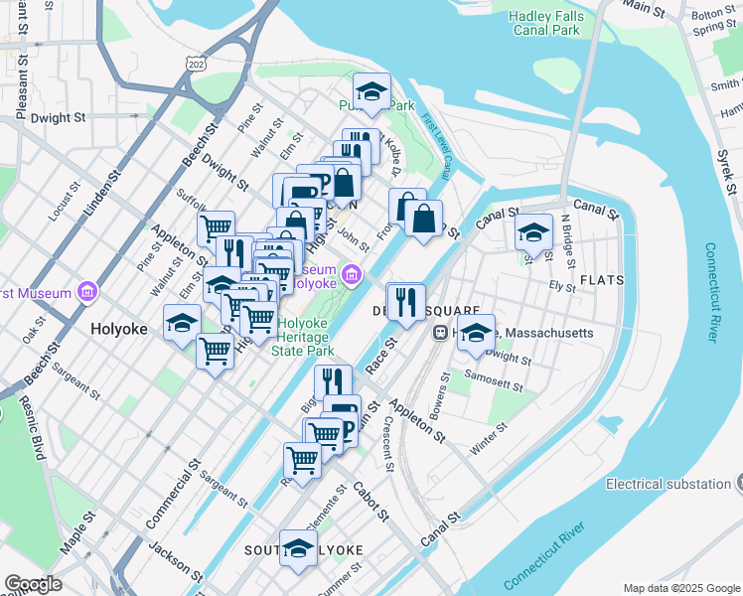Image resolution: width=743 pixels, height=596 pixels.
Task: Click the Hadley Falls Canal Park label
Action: pyautogui.click(x=545, y=23)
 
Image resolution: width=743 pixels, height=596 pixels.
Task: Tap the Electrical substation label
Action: pyautogui.click(x=669, y=484)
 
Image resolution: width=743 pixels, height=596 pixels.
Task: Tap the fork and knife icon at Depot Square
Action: pyautogui.click(x=405, y=301)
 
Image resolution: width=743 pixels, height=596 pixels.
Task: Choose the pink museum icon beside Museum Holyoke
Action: pyautogui.click(x=350, y=273)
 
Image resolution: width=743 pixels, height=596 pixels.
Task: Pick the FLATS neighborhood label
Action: pyautogui.click(x=602, y=280)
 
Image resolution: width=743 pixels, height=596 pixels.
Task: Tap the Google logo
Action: pyautogui.click(x=33, y=584)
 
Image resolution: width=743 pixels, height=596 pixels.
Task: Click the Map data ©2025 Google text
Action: pyautogui.click(x=681, y=588)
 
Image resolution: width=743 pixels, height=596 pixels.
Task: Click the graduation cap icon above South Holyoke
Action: pyautogui.click(x=298, y=549)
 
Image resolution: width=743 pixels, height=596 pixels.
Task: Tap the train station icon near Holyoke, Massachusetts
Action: pyautogui.click(x=438, y=334)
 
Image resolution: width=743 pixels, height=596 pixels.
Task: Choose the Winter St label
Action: pyautogui.click(x=489, y=439)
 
